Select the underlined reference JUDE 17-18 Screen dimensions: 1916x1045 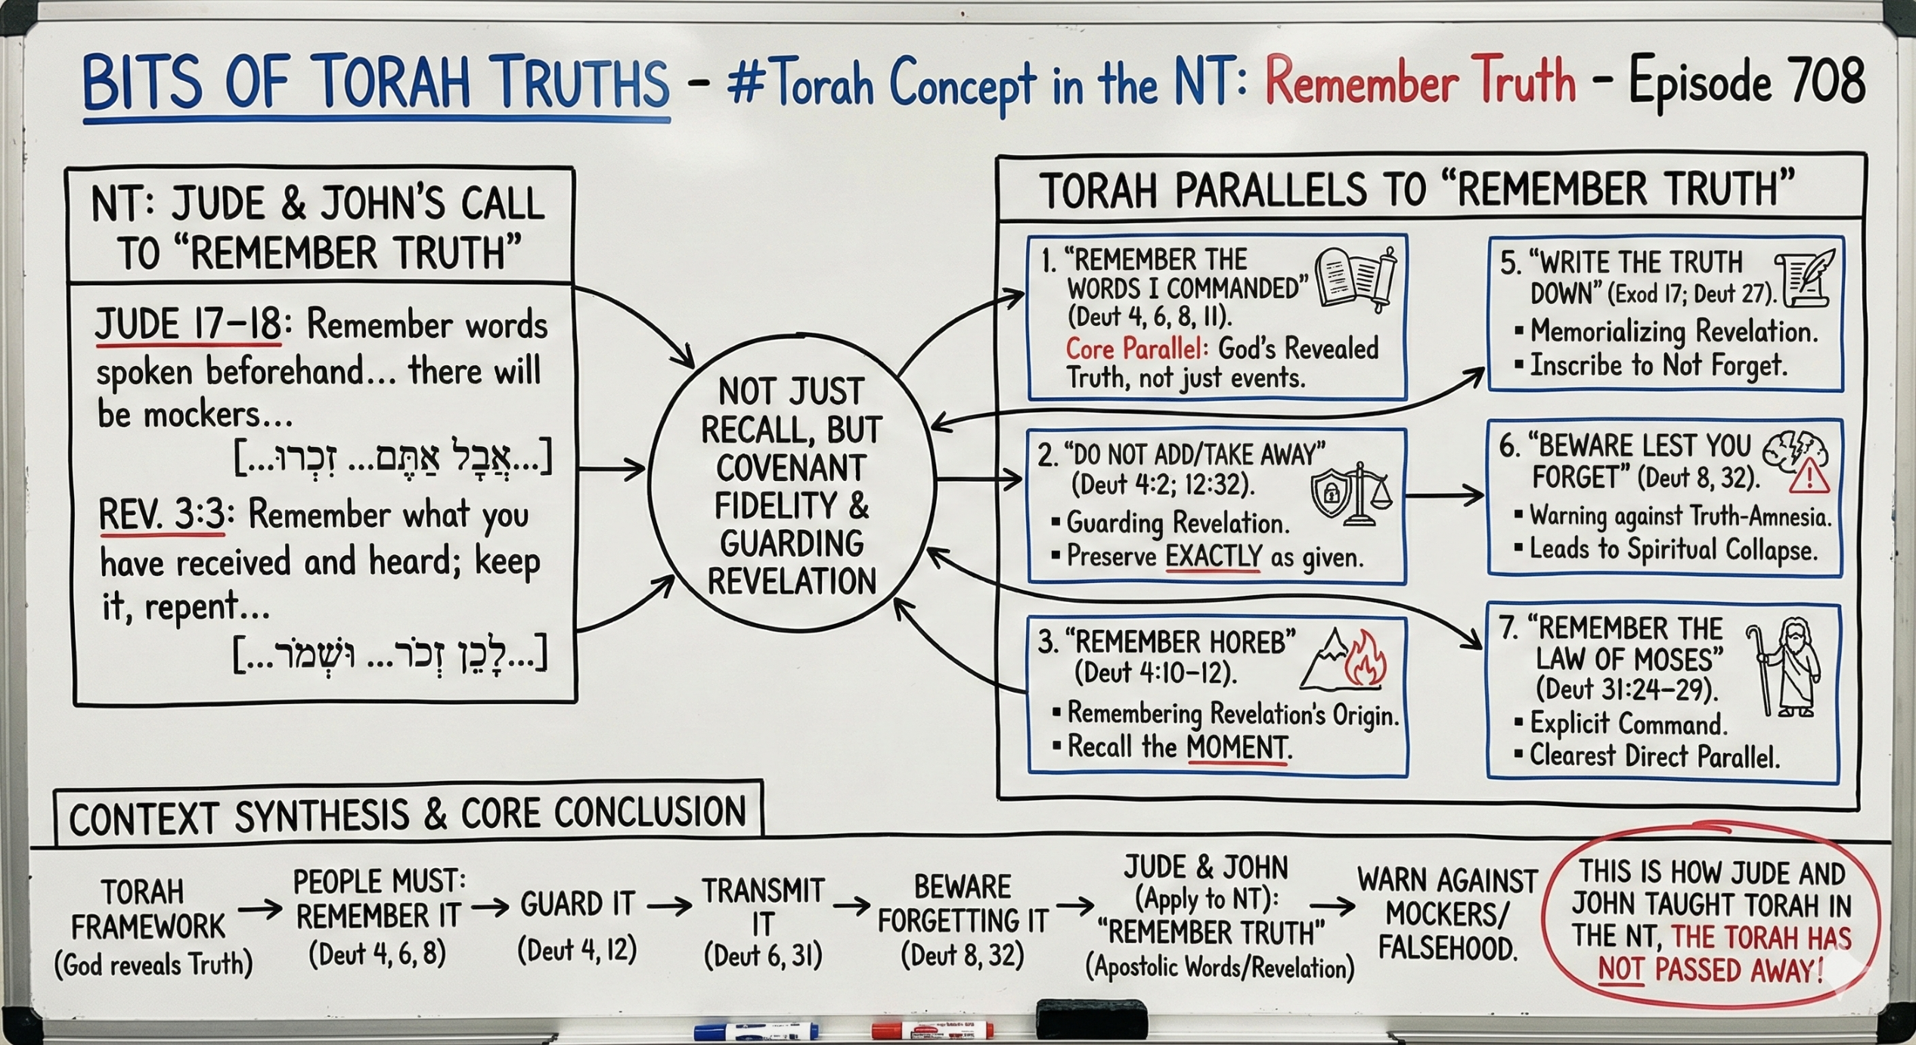pyautogui.click(x=188, y=324)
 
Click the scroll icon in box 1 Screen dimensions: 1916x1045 pyautogui.click(x=1356, y=278)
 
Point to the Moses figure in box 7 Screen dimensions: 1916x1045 pyautogui.click(x=1784, y=667)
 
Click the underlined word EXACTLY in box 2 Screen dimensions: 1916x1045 pyautogui.click(x=1214, y=557)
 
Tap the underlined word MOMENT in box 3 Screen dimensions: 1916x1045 pyautogui.click(x=1237, y=748)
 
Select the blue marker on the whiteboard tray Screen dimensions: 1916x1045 pyautogui.click(x=756, y=1030)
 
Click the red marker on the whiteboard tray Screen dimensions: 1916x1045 pyautogui.click(x=932, y=1029)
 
